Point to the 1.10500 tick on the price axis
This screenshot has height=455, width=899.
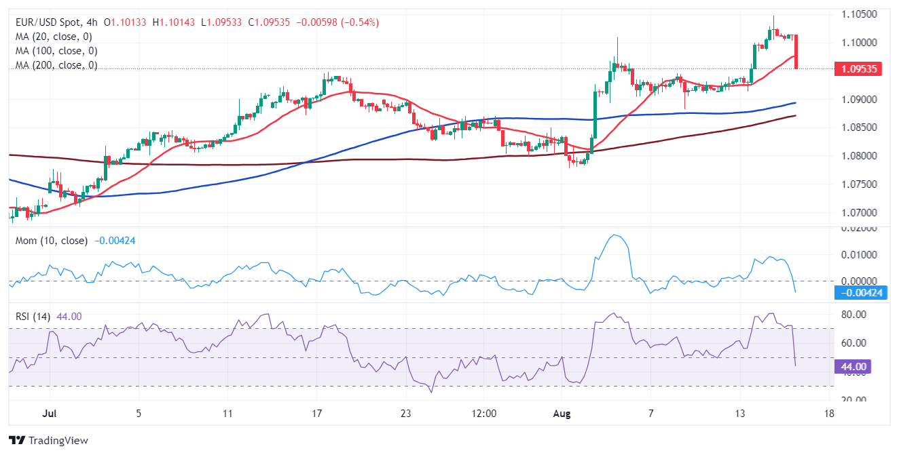pos(858,14)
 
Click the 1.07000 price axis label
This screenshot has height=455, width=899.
pos(858,212)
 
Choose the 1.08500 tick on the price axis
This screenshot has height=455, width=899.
pos(858,127)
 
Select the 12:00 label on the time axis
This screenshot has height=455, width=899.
pos(483,412)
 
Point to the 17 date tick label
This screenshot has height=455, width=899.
pos(316,412)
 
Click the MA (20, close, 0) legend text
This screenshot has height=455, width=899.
pos(54,37)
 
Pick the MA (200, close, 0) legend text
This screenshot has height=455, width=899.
pos(56,65)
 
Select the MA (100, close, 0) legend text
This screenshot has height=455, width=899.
pos(56,51)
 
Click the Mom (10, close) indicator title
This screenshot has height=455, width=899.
pos(52,240)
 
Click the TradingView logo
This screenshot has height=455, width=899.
pos(49,441)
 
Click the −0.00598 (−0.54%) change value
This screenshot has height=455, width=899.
pos(346,22)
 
